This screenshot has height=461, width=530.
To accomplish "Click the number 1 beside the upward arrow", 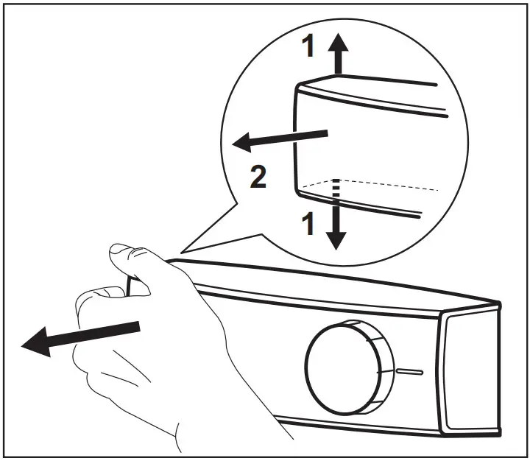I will coord(310,48).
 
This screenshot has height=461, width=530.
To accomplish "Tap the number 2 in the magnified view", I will coord(258,178).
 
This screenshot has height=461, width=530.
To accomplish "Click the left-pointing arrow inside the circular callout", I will coord(280,138).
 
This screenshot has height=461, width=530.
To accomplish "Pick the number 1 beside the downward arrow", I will coord(310,222).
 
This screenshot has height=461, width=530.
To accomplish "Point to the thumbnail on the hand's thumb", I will coord(121,255).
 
